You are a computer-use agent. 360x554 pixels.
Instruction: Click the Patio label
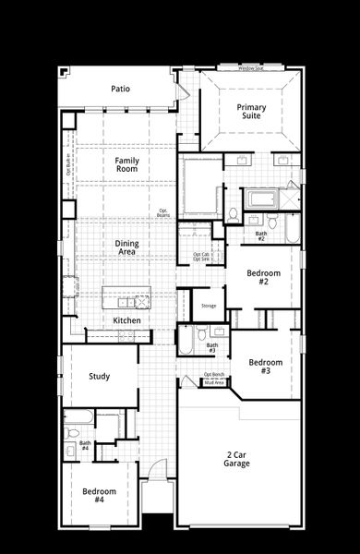point(120,90)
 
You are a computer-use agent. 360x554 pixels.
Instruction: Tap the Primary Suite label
point(250,113)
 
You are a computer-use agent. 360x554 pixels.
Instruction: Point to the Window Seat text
point(250,68)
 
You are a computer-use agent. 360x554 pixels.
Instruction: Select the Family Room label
point(127,165)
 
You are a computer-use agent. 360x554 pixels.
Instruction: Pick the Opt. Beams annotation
point(162,212)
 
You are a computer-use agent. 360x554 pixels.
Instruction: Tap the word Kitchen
point(127,320)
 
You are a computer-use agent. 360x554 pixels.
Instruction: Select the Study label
point(100,376)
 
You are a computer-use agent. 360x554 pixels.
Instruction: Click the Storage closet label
point(209,305)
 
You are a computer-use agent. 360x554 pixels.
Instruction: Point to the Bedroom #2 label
point(258,277)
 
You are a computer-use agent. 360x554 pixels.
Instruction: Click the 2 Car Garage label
point(236,459)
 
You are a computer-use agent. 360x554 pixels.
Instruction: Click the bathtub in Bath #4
point(78,415)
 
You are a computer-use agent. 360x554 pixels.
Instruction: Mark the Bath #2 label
point(261,236)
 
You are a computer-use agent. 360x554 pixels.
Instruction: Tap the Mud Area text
point(214,380)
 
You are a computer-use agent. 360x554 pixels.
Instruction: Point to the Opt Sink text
point(201,260)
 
